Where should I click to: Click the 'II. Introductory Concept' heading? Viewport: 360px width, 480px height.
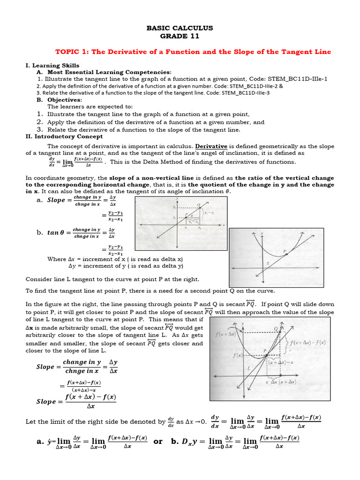click(64, 136)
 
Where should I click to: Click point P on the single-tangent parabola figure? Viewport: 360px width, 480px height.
click(285, 252)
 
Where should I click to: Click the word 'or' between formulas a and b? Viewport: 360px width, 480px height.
click(158, 442)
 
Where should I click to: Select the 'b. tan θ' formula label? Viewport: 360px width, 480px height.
click(54, 232)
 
